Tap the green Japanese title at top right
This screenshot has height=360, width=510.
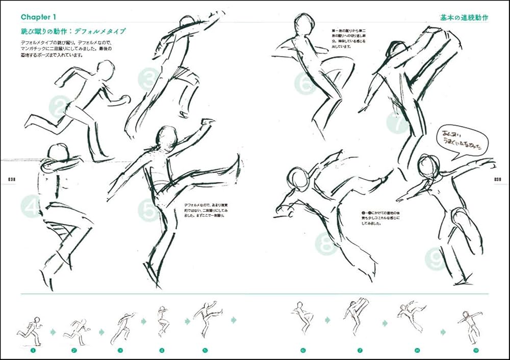coord(464,18)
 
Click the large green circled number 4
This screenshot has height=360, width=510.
coord(31,207)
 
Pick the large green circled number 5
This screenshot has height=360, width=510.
coord(148,210)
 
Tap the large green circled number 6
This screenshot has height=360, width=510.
coord(305,84)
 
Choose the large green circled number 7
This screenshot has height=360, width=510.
coord(397,123)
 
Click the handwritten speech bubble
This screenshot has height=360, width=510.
coord(462,140)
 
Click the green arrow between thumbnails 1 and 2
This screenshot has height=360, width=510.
coord(53,332)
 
